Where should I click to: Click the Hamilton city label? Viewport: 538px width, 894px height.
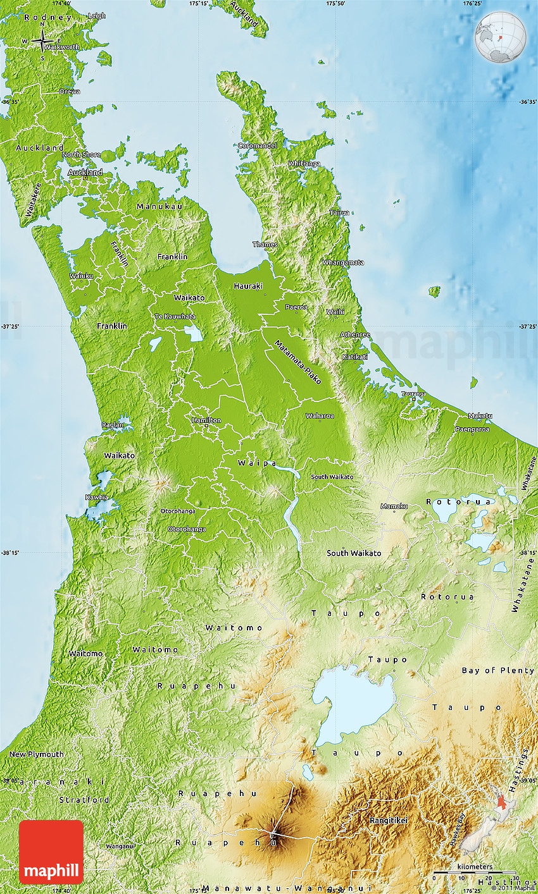(x=206, y=420)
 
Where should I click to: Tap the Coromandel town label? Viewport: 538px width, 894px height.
(x=258, y=145)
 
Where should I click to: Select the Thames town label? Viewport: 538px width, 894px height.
(x=265, y=244)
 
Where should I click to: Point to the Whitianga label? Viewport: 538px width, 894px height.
(x=304, y=163)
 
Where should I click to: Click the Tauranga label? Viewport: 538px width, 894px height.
(x=413, y=394)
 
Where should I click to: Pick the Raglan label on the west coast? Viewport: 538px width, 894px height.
(x=113, y=425)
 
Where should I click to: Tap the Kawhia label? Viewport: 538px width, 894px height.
(x=97, y=497)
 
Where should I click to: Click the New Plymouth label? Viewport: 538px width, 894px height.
(x=36, y=754)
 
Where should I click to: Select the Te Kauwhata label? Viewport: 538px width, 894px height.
(x=175, y=316)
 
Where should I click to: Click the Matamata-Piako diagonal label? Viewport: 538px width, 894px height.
(x=297, y=362)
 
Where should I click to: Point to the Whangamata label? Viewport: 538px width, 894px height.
(x=343, y=262)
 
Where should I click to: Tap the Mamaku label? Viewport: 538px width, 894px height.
(x=394, y=506)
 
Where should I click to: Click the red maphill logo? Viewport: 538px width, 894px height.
(x=51, y=852)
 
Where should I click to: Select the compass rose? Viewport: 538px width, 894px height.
(x=42, y=41)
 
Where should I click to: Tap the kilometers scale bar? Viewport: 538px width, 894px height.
(x=475, y=873)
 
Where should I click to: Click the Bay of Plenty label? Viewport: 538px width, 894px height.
(x=497, y=670)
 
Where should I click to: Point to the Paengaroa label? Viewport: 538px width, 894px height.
(x=472, y=429)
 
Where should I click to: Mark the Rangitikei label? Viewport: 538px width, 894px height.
(x=389, y=820)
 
